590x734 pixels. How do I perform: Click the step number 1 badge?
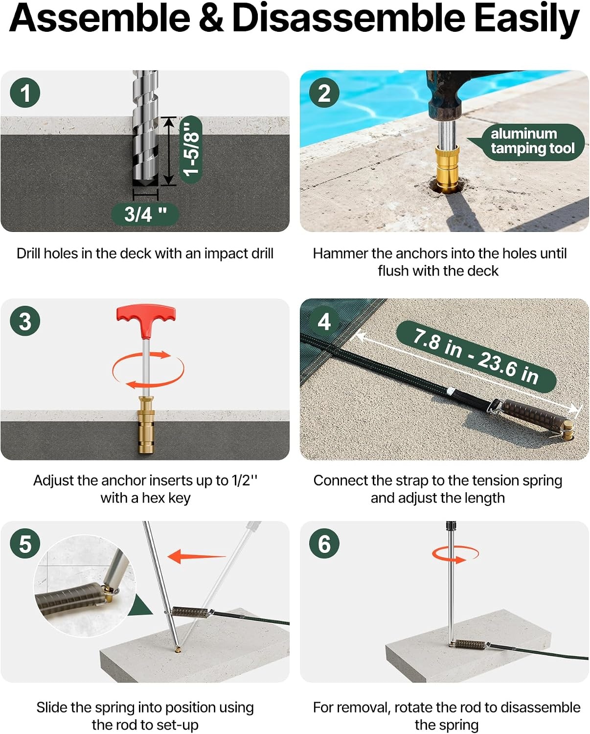(25, 93)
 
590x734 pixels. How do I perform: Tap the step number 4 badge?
(324, 321)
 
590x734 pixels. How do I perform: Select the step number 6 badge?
(324, 543)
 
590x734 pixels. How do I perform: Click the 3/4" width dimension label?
(145, 214)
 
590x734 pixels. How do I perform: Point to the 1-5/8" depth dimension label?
(191, 150)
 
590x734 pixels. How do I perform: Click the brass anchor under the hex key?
(146, 425)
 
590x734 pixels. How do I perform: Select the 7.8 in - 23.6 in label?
(476, 356)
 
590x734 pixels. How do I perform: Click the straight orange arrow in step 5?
(196, 557)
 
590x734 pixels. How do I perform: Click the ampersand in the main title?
(211, 18)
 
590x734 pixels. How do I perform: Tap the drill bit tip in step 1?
(146, 184)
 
